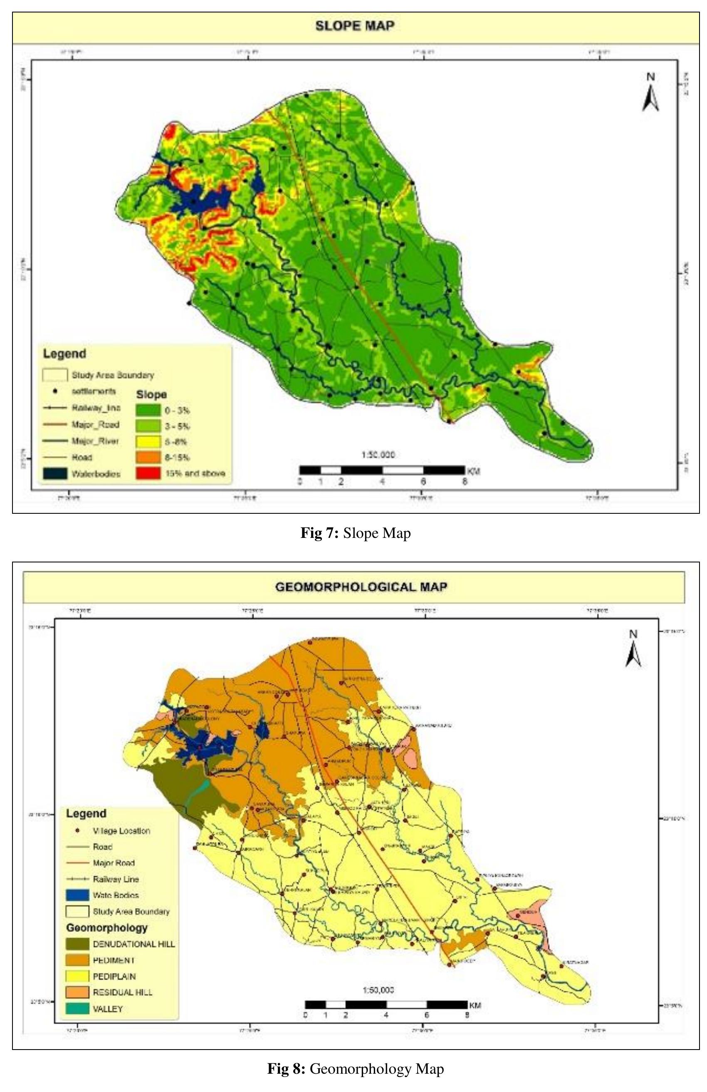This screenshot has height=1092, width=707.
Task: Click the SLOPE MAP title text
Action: [x=354, y=26]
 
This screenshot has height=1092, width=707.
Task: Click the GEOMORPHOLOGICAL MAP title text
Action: [x=361, y=587]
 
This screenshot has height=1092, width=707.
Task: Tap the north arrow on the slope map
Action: [x=650, y=94]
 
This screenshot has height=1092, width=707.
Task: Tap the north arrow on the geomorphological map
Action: [x=633, y=650]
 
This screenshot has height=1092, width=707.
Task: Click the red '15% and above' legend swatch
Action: [x=148, y=473]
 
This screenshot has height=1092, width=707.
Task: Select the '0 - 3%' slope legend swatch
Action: [x=148, y=410]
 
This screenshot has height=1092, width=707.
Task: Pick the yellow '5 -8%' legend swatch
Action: [x=148, y=441]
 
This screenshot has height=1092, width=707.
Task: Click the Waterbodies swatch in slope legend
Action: [x=55, y=473]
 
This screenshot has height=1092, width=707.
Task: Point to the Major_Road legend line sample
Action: [x=55, y=425]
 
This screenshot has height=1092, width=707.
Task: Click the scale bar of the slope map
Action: [x=382, y=470]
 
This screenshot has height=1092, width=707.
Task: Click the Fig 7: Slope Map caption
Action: [x=355, y=533]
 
